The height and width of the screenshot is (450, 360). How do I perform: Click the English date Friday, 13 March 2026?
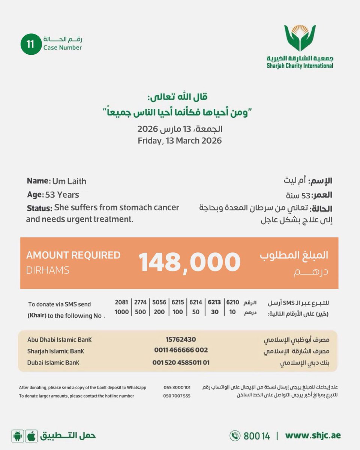(180, 141)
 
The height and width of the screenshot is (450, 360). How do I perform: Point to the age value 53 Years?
(62, 195)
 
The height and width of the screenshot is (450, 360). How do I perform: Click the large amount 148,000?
(189, 262)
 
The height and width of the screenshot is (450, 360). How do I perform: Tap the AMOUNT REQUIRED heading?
(73, 255)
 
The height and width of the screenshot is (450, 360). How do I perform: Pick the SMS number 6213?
(214, 302)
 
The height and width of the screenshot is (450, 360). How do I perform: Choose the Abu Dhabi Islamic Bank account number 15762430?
(180, 339)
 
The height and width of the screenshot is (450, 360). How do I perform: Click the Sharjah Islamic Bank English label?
(55, 351)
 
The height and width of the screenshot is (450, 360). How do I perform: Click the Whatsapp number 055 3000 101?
(177, 387)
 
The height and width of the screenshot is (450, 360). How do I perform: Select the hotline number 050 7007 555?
(177, 396)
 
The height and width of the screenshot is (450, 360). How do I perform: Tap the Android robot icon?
(17, 436)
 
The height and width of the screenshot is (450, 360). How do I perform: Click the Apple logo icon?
(31, 436)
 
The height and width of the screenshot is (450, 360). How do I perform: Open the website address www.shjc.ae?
(313, 436)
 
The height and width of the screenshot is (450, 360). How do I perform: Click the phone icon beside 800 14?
(235, 436)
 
